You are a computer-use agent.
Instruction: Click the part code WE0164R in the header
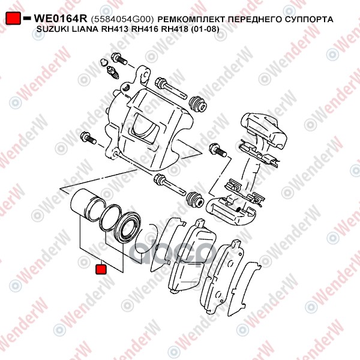coord(61,19)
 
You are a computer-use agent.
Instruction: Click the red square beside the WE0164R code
coord(13,19)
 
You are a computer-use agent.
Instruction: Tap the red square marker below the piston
coord(101,269)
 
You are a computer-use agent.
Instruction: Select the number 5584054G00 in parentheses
coord(122,19)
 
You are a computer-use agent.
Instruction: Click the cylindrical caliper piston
coord(88,205)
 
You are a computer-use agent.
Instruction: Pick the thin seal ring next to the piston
coord(110,217)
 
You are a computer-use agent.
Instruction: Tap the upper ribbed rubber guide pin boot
coord(198,104)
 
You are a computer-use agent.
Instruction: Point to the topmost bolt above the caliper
coord(119,59)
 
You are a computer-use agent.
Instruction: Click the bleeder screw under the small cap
coord(113,72)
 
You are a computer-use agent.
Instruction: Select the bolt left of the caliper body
coord(88,137)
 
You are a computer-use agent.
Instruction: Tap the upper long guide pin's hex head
coord(160,83)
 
